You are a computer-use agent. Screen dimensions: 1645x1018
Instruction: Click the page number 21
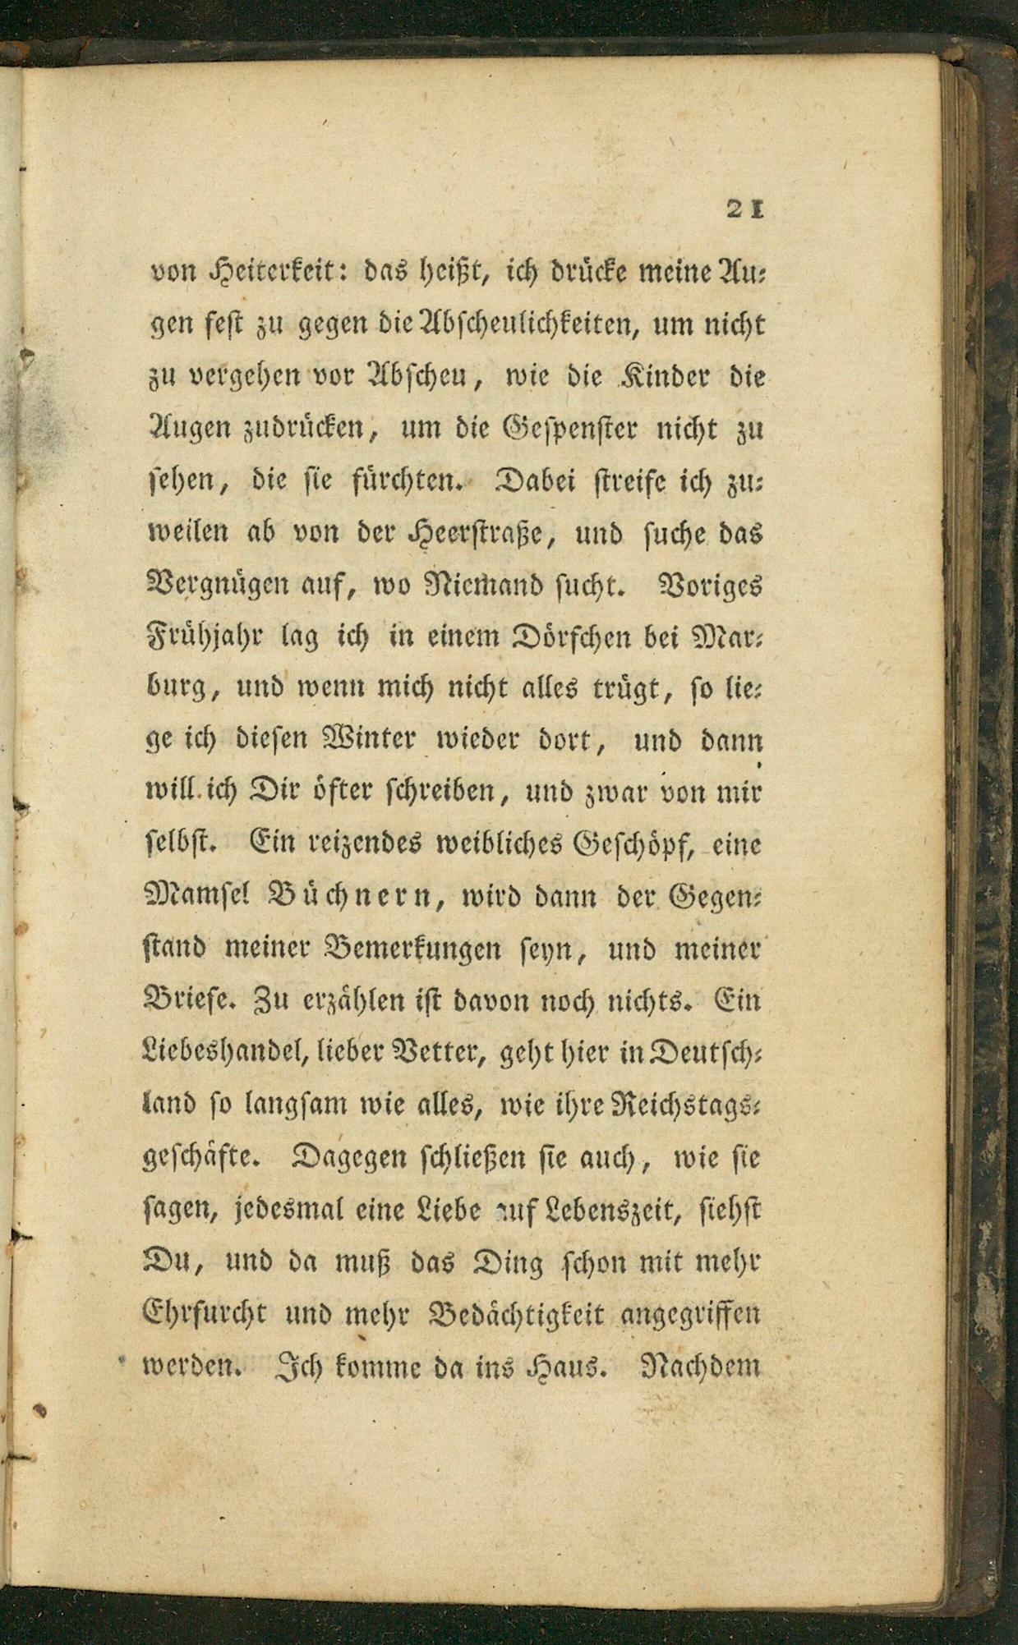point(745,210)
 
